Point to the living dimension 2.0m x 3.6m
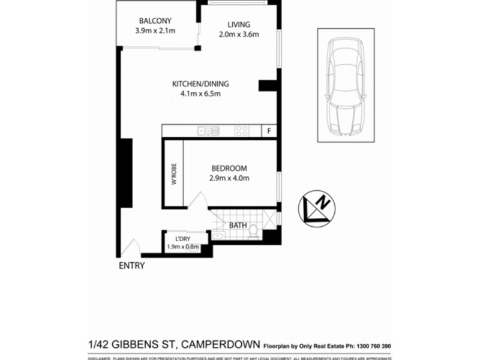click(239, 34)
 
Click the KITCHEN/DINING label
click(200, 84)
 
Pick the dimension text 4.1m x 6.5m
click(200, 94)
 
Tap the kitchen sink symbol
click(206, 130)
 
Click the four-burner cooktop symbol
click(242, 130)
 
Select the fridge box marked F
click(270, 130)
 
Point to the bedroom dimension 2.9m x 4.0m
click(229, 178)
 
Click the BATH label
click(238, 225)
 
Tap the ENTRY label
click(131, 266)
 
